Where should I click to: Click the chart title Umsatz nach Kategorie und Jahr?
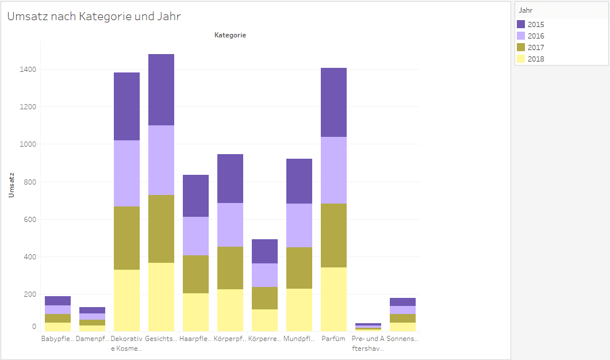pyautogui.click(x=94, y=17)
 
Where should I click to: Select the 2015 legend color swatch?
pyautogui.click(x=521, y=25)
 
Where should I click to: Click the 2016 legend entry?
pyautogui.click(x=535, y=36)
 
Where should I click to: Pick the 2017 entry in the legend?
pyautogui.click(x=535, y=48)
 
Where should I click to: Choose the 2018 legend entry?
pyautogui.click(x=535, y=59)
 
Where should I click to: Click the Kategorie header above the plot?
pyautogui.click(x=230, y=36)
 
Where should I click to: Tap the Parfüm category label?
pyautogui.click(x=333, y=339)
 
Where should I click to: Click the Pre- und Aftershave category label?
pyautogui.click(x=368, y=343)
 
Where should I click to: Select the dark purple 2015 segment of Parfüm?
pyautogui.click(x=333, y=102)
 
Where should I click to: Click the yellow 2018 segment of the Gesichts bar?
pyautogui.click(x=161, y=297)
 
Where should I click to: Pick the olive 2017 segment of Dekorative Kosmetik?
pyautogui.click(x=126, y=238)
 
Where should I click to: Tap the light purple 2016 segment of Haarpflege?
pyautogui.click(x=195, y=236)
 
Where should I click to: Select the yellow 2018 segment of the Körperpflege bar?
pyautogui.click(x=230, y=310)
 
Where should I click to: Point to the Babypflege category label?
pyautogui.click(x=57, y=339)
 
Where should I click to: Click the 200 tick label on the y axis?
pyautogui.click(x=28, y=294)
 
